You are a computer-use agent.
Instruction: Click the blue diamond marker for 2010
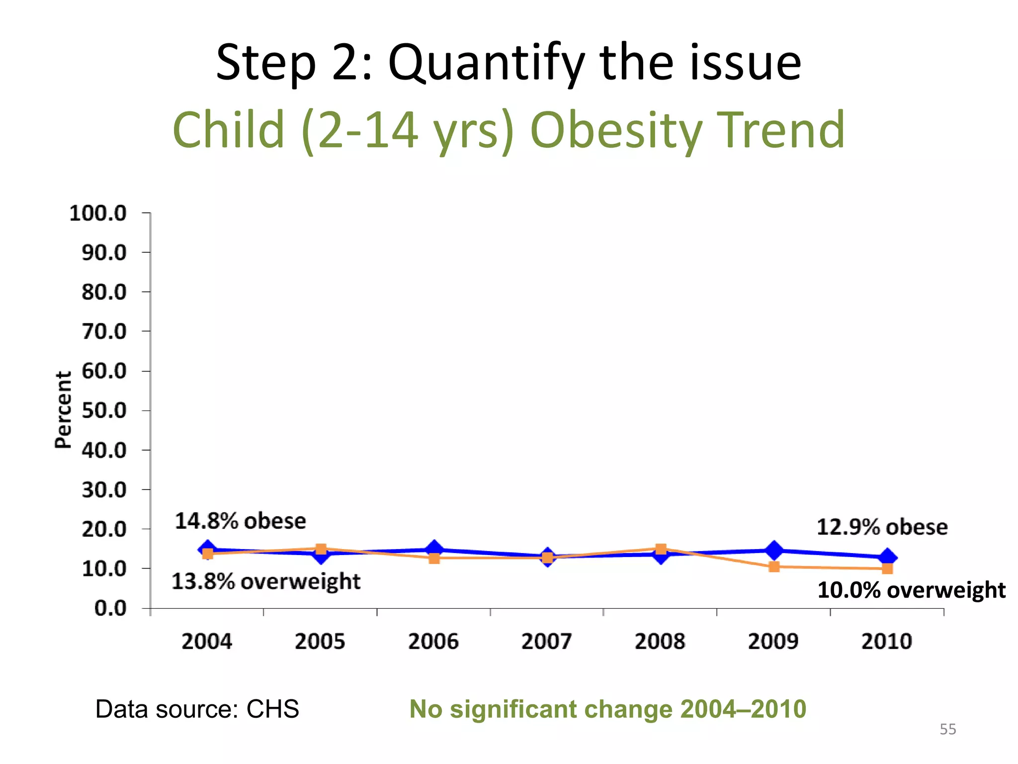[x=887, y=558]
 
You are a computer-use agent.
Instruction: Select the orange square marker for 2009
[x=774, y=567]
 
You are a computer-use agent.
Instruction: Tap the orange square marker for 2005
[x=321, y=549]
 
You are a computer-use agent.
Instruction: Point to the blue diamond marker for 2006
[x=434, y=549]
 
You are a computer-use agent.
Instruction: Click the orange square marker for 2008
[x=661, y=549]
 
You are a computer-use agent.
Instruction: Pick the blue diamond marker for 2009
[x=774, y=550]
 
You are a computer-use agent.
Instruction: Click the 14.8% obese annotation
[x=241, y=521]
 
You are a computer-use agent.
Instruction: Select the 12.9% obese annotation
[x=882, y=527]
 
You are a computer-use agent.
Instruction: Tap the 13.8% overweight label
[x=266, y=581]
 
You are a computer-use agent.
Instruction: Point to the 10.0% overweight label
[x=911, y=590]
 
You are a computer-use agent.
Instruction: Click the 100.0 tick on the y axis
[x=98, y=213]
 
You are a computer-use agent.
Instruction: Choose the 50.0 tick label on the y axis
[x=104, y=411]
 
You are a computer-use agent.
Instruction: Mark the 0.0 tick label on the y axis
[x=110, y=608]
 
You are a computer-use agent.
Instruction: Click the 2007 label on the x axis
[x=547, y=641]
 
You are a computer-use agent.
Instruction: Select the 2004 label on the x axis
[x=207, y=641]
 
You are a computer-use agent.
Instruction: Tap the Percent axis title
[x=63, y=410]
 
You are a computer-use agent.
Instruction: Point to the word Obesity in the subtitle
[x=615, y=130]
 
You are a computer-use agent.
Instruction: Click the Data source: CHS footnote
[x=197, y=709]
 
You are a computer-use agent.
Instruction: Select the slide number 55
[x=947, y=729]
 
